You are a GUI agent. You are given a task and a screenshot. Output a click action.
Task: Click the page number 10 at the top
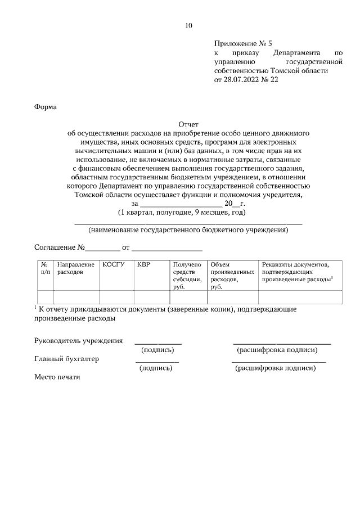188,25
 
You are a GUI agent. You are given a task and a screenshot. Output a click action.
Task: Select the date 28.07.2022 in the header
243,80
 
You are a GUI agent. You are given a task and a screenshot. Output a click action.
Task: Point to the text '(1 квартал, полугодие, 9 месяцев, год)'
182,213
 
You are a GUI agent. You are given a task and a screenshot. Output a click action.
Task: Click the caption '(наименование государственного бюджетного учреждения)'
188,229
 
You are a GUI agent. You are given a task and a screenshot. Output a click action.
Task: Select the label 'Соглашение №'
60,247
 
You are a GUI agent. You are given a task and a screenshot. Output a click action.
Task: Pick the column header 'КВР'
144,264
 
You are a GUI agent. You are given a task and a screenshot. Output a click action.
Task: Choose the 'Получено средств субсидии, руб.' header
187,275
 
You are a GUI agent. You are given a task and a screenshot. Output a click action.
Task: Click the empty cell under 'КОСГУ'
116,297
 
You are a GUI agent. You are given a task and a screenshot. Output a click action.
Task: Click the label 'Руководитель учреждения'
79,341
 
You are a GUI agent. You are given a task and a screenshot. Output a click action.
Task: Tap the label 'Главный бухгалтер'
67,359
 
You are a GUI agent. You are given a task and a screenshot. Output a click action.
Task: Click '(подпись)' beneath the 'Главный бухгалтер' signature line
155,368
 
